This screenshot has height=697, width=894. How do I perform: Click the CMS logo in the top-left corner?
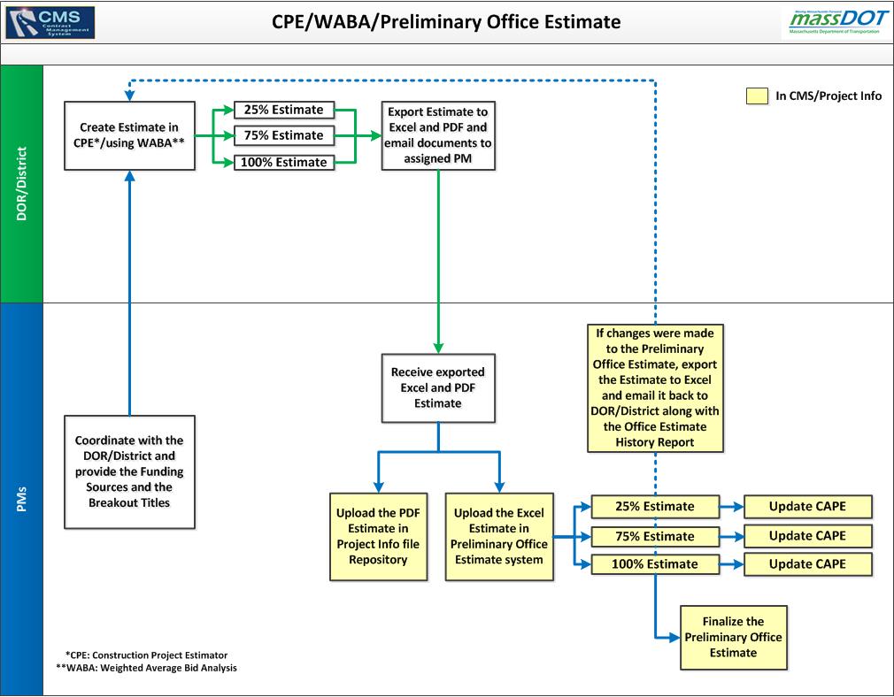(50, 21)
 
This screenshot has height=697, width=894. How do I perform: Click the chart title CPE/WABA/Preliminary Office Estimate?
(446, 22)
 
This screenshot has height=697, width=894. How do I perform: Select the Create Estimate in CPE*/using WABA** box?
(129, 135)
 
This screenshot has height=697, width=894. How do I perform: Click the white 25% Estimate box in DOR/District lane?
(284, 110)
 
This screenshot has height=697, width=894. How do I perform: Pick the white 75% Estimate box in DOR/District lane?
(284, 135)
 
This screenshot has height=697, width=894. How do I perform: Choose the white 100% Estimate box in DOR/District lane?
(284, 162)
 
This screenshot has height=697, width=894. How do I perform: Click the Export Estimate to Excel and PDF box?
(438, 136)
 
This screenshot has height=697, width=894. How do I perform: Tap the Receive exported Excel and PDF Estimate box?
(438, 387)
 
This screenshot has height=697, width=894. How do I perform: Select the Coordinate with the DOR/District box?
(129, 471)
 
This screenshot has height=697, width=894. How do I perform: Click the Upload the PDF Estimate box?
(378, 536)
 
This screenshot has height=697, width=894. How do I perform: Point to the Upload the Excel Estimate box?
(498, 536)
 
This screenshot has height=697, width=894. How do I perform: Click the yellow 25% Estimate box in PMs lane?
(644, 507)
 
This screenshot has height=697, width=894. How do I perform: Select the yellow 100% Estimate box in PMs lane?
(644, 564)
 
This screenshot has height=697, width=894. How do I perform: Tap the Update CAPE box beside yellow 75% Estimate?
(807, 536)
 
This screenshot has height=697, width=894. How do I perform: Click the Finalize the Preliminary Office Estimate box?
(733, 637)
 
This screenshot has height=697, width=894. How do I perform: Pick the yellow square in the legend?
(757, 96)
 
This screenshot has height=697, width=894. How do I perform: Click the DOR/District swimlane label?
(21, 184)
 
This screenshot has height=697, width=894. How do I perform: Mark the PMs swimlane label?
(21, 500)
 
